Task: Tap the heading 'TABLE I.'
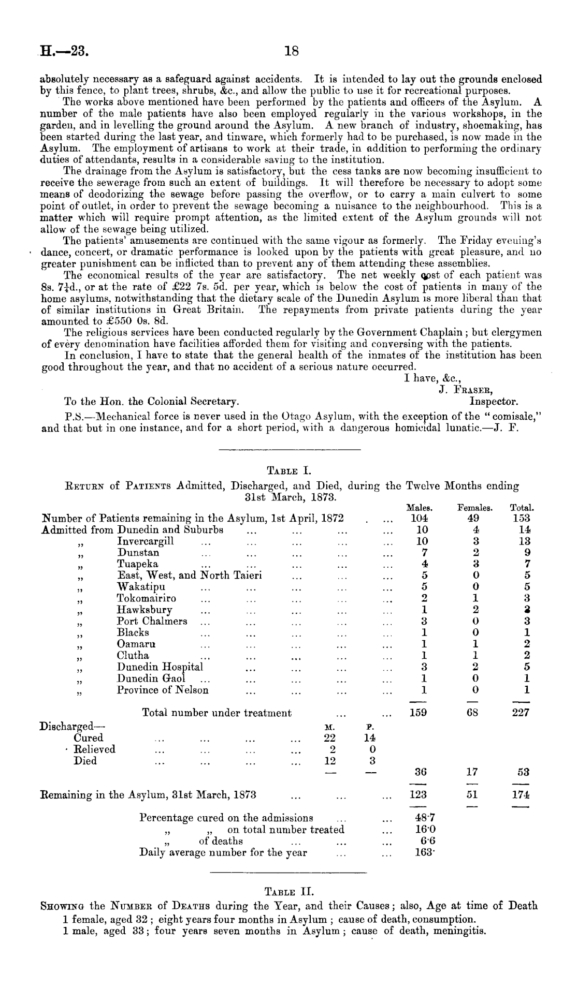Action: tap(288, 471)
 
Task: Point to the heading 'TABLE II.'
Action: tap(290, 891)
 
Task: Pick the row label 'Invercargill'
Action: tap(146, 541)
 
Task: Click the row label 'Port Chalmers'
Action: tap(152, 621)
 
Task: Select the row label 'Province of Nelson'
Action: tap(163, 690)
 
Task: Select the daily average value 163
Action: tap(421, 852)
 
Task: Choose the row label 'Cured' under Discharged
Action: tap(89, 738)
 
